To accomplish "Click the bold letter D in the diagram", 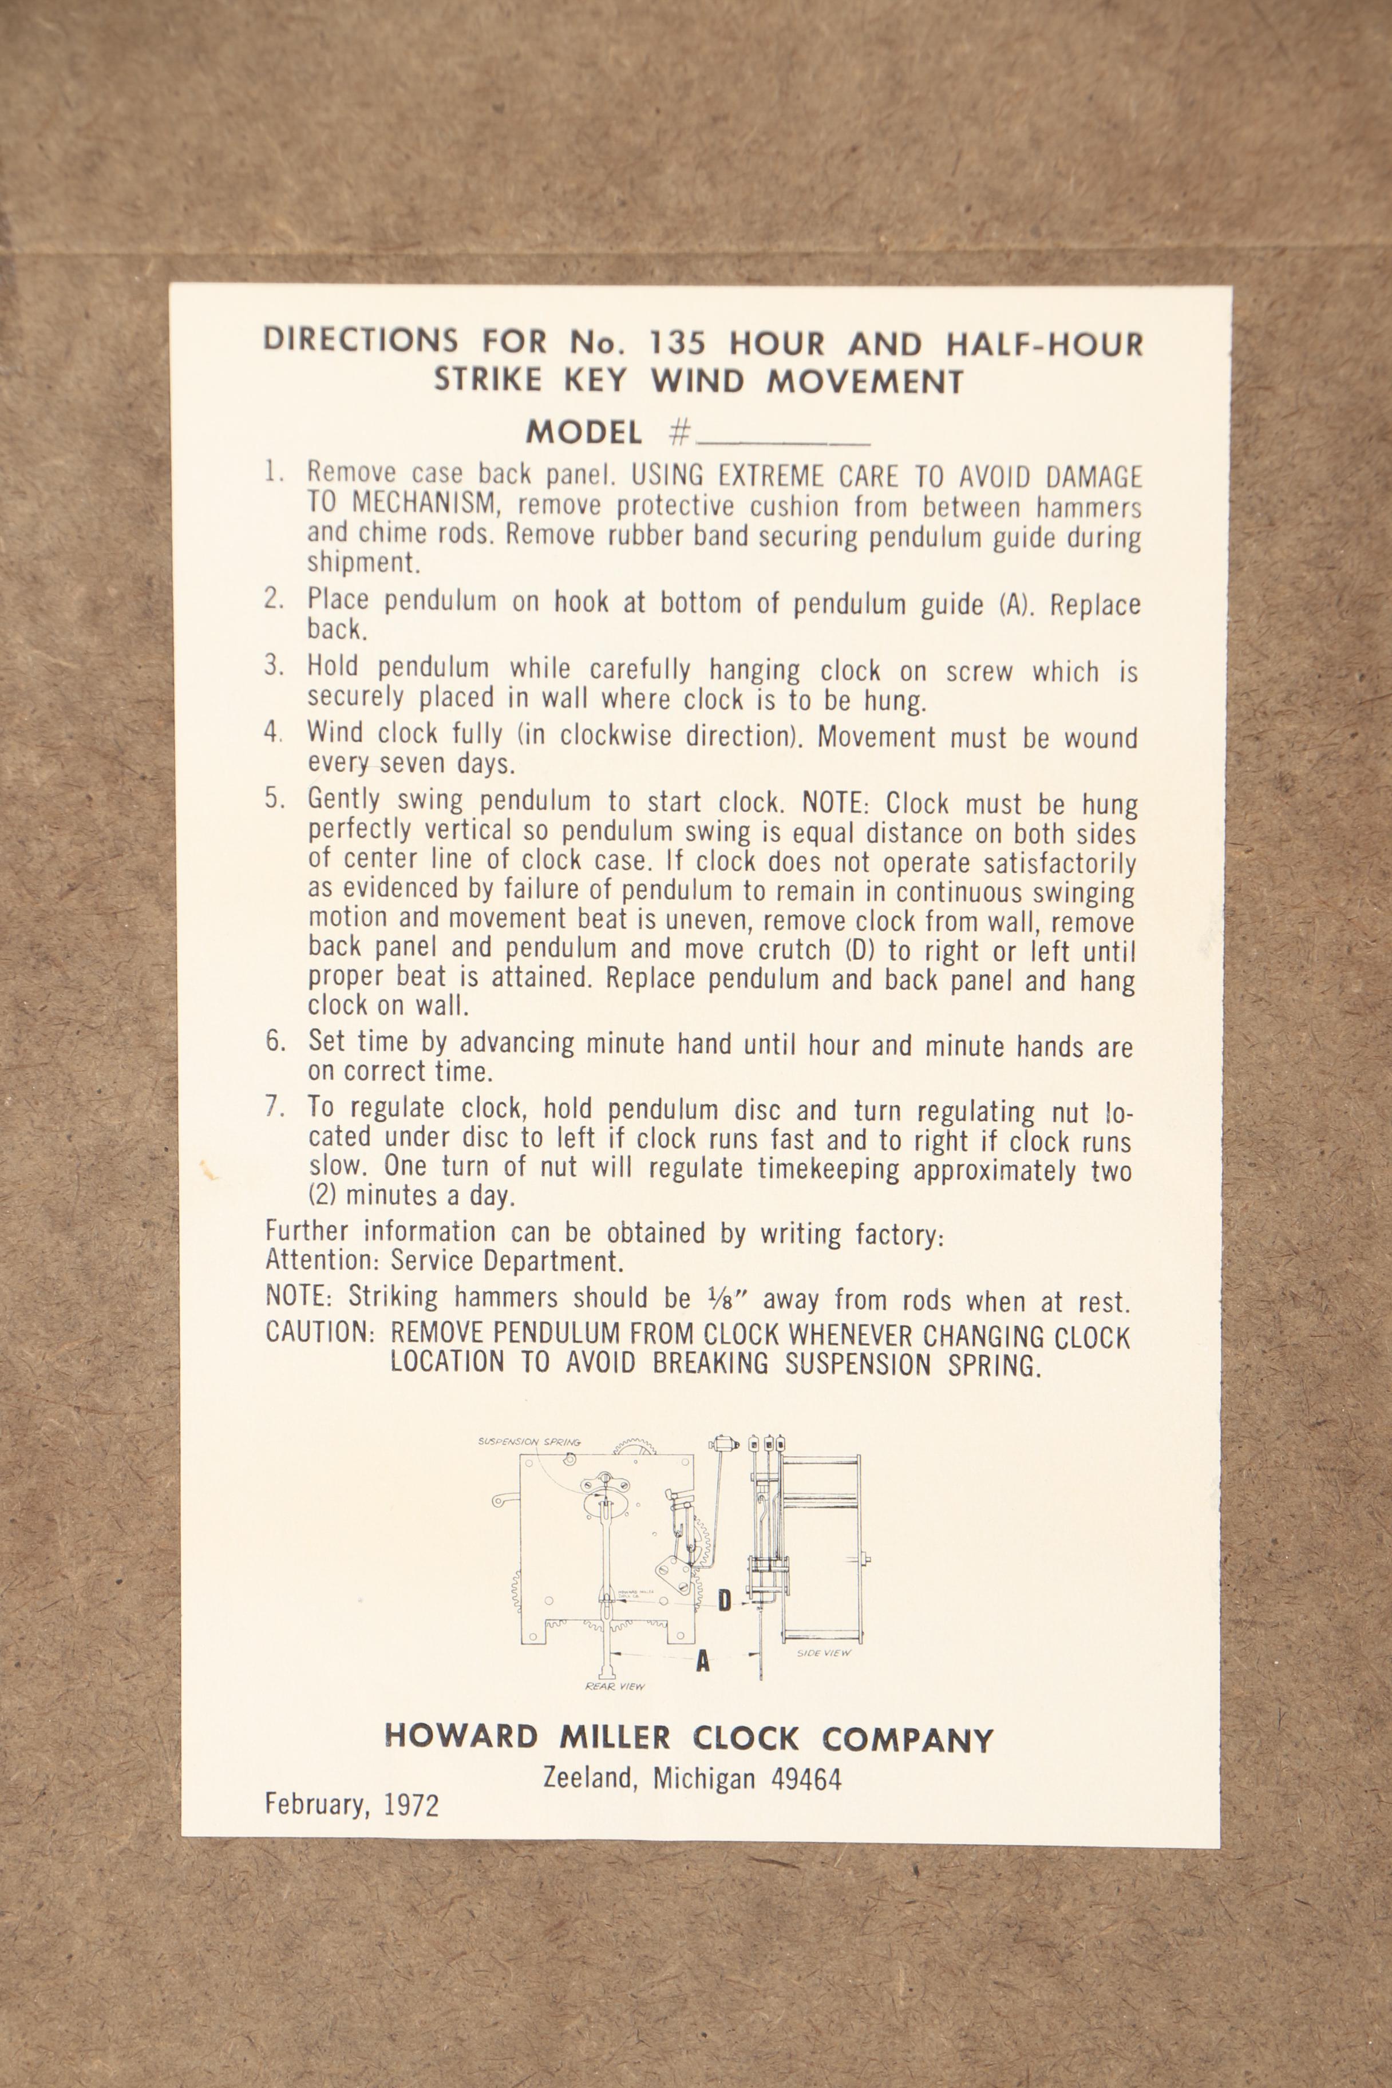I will tap(725, 1600).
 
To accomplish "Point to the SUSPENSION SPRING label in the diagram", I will tap(529, 1442).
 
